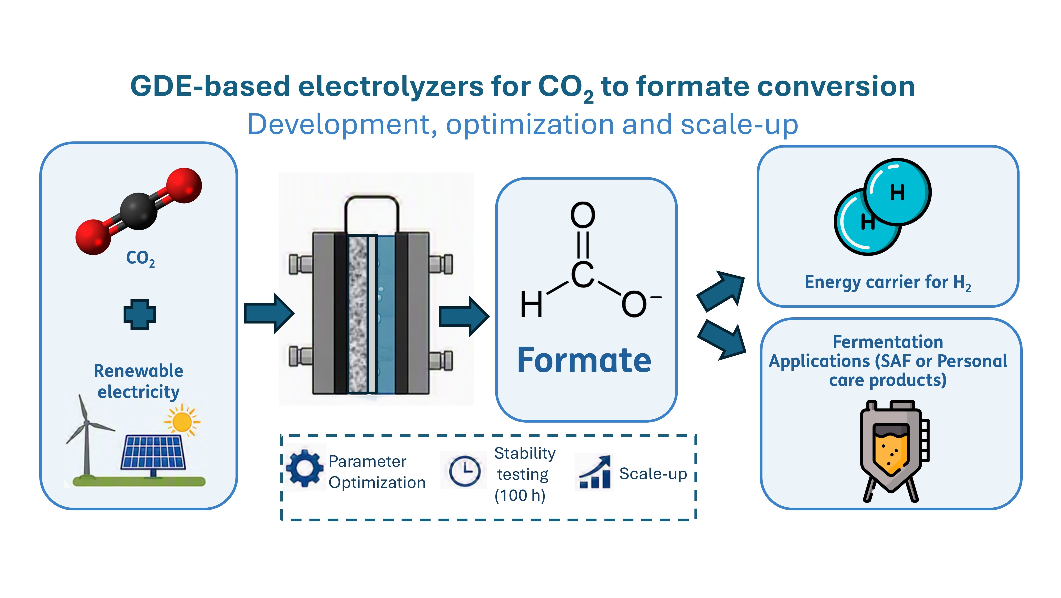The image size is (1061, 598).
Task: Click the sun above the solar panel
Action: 182,421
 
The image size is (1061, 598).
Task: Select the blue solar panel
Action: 153,453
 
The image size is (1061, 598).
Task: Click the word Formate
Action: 584,360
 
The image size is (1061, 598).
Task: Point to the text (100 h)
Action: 520,495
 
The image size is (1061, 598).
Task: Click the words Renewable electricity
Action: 139,381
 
